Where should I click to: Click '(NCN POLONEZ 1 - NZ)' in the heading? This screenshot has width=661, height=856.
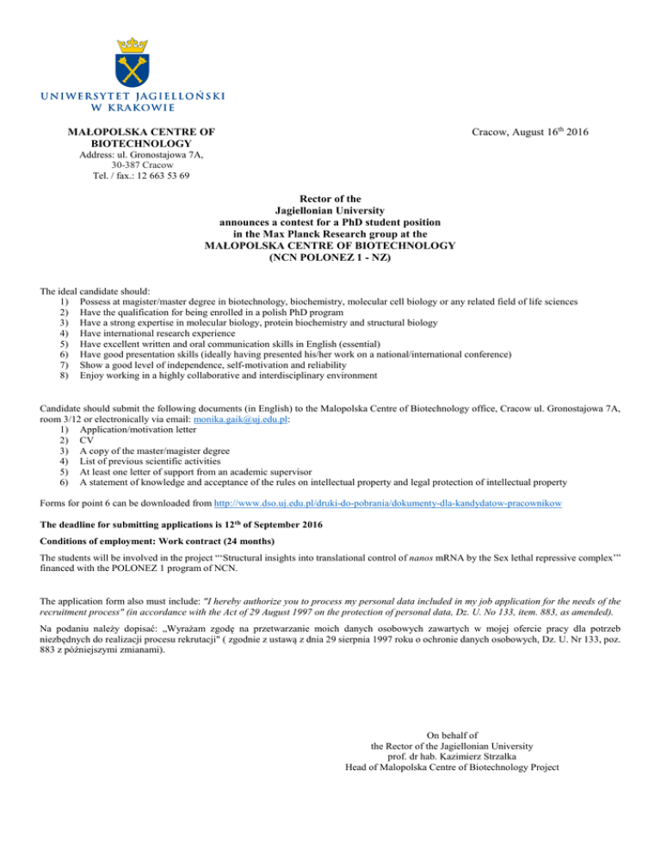point(330,257)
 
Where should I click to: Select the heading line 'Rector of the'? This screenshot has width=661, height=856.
point(330,197)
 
